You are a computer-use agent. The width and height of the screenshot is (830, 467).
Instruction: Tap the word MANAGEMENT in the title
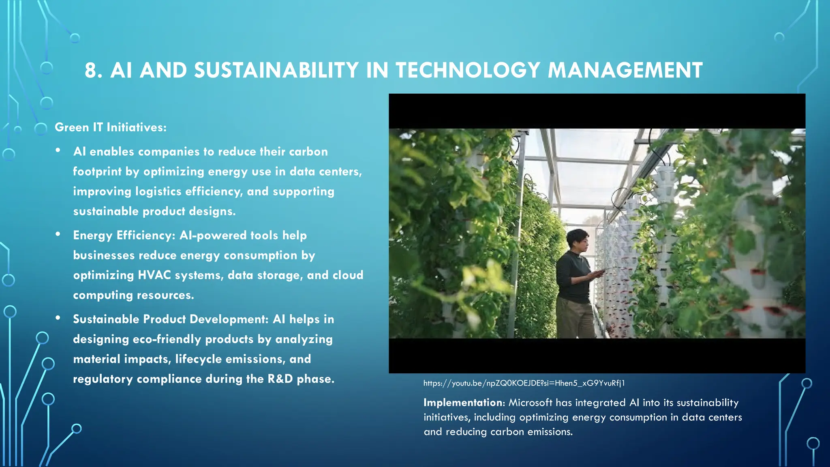[625, 70]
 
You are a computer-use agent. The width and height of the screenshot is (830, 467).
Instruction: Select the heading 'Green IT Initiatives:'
[111, 127]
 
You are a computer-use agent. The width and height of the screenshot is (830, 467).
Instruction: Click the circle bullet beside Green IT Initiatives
[41, 129]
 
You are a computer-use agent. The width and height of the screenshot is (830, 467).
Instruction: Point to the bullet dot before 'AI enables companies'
[58, 150]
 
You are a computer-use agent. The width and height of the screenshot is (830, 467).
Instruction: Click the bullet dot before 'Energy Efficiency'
[58, 234]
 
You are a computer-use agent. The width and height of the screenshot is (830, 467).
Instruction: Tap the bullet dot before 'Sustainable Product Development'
[58, 318]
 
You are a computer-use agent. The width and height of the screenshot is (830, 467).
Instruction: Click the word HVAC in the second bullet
[154, 275]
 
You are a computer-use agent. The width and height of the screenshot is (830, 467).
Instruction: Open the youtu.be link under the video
[524, 383]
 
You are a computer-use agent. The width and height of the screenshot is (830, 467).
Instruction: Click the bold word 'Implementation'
[462, 403]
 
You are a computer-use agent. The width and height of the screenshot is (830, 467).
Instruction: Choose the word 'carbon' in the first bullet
[308, 152]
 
